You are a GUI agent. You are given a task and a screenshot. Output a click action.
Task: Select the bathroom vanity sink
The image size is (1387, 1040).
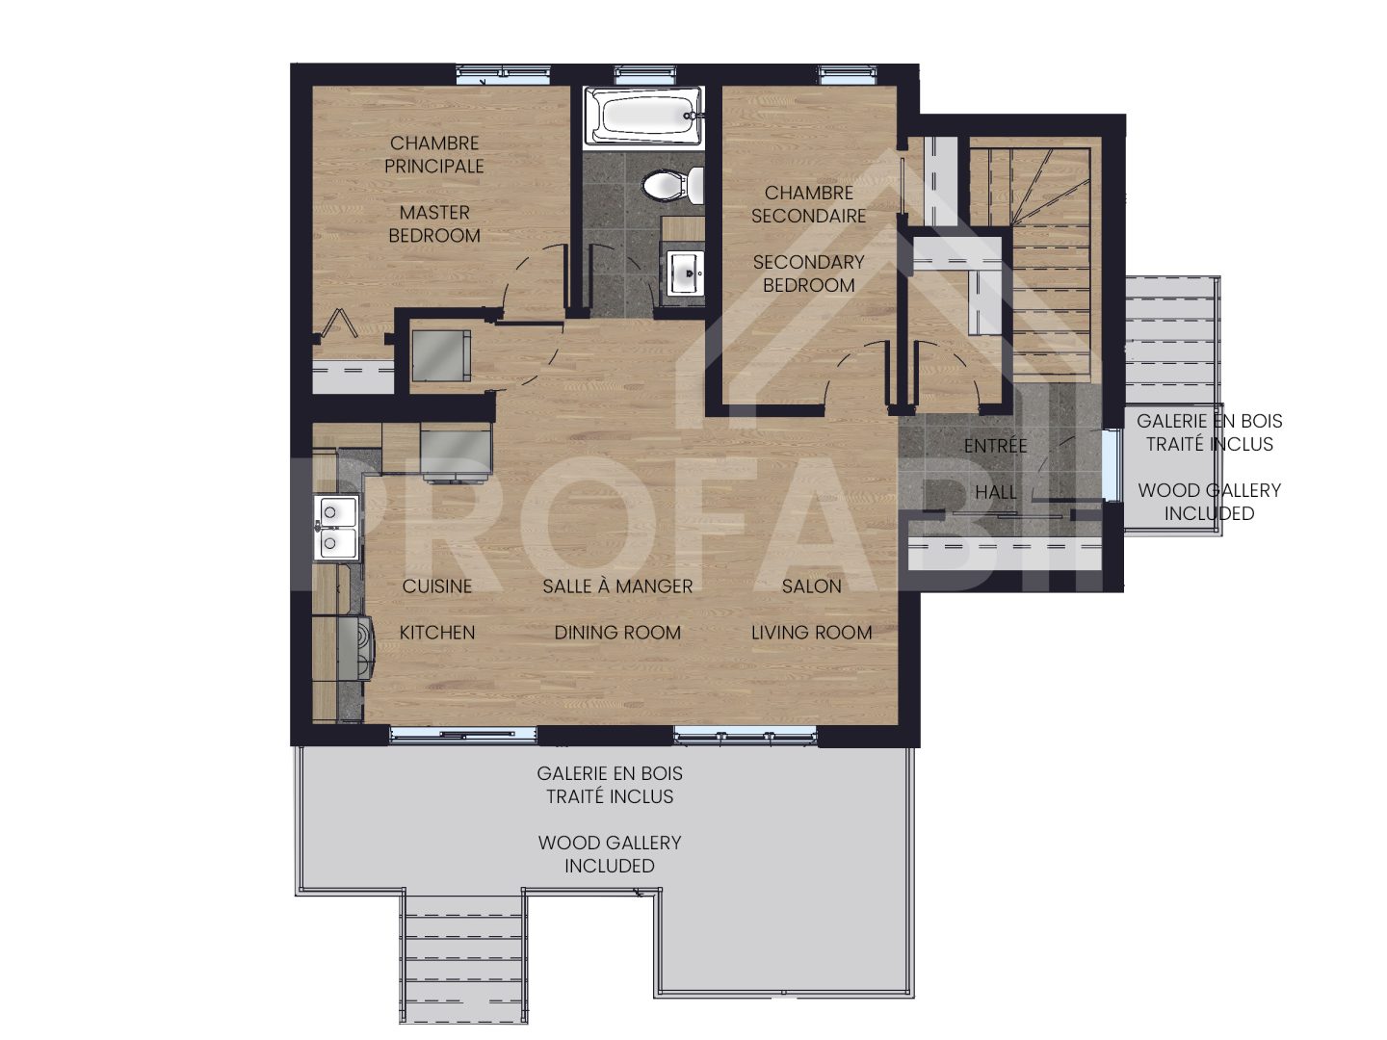pyautogui.click(x=687, y=272)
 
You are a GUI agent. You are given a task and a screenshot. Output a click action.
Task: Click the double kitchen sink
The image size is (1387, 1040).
pyautogui.click(x=337, y=527)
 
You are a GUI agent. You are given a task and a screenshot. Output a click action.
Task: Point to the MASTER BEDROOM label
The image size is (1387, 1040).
pyautogui.click(x=434, y=223)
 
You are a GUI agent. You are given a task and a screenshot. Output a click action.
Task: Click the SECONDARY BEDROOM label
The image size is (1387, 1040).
pyautogui.click(x=808, y=273)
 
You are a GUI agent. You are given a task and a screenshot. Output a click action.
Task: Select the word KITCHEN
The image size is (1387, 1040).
pyautogui.click(x=436, y=633)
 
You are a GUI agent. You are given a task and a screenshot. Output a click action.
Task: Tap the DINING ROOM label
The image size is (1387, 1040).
pyautogui.click(x=617, y=633)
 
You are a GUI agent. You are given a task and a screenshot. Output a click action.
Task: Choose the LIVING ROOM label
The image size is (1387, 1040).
pyautogui.click(x=811, y=633)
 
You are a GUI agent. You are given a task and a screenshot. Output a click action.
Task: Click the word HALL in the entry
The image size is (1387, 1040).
pyautogui.click(x=995, y=492)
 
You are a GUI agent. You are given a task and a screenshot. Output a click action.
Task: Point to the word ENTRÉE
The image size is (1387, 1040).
pyautogui.click(x=995, y=446)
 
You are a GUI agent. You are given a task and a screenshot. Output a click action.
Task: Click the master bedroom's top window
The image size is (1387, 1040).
pyautogui.click(x=503, y=71)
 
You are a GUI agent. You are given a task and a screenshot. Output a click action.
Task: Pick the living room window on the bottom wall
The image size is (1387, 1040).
pyautogui.click(x=745, y=736)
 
